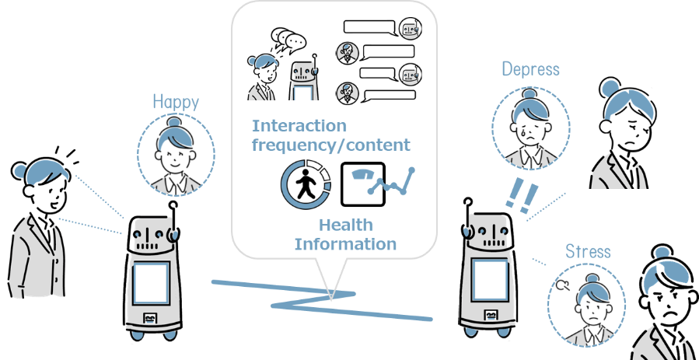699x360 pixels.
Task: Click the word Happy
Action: (x=176, y=101)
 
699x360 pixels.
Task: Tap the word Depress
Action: (x=530, y=69)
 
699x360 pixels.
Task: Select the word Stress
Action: (x=588, y=252)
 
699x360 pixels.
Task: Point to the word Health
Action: (x=345, y=225)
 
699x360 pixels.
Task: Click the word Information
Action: (x=345, y=244)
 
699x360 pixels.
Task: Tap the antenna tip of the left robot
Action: (x=174, y=207)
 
